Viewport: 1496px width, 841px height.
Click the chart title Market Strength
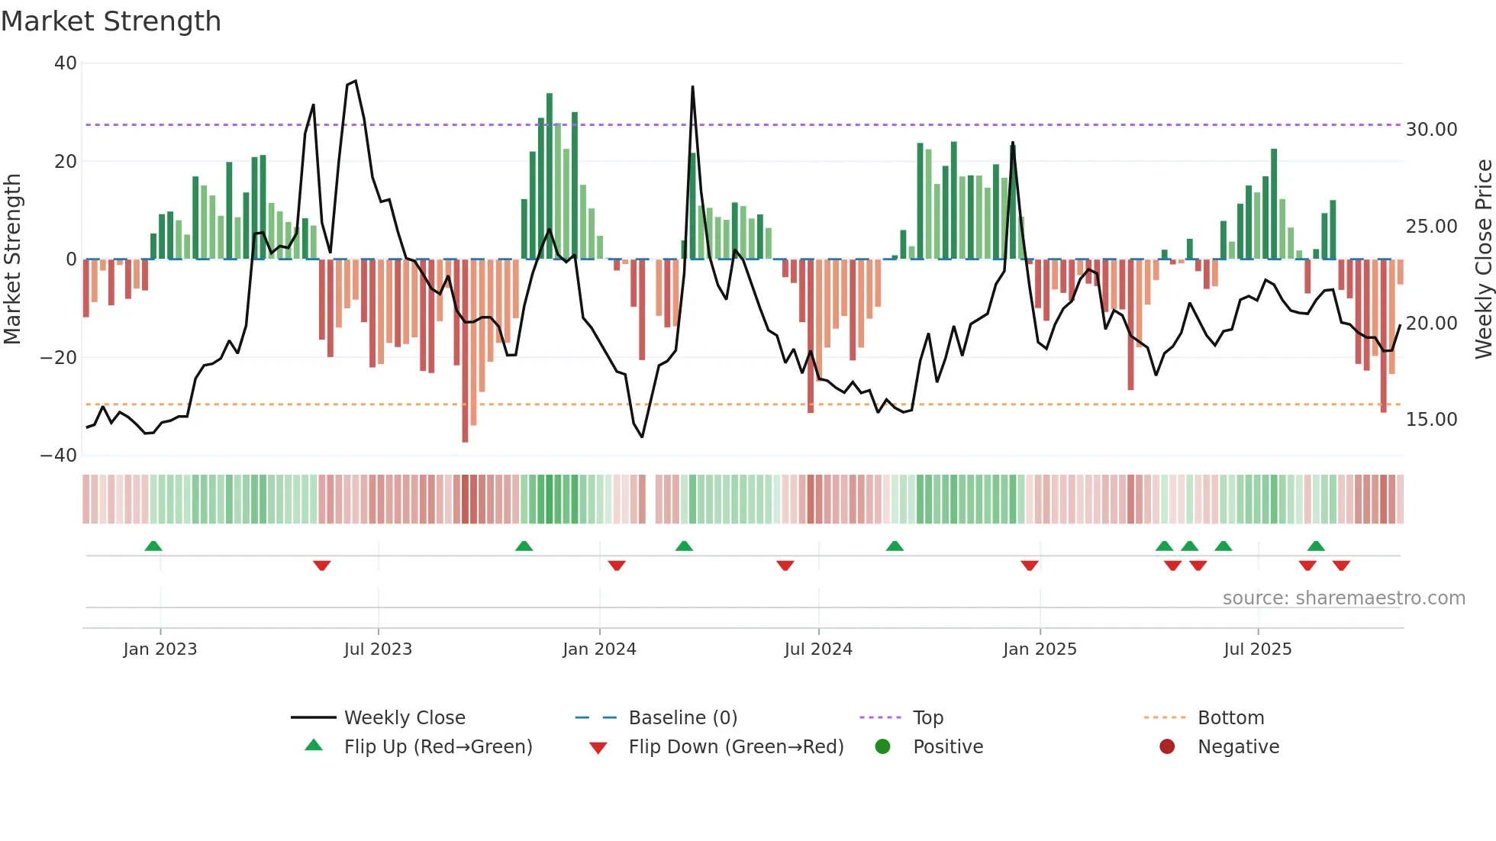(111, 21)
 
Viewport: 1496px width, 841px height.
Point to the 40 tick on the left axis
(66, 63)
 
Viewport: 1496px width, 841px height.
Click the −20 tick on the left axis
(59, 358)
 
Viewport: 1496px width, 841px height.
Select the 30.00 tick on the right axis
(1431, 130)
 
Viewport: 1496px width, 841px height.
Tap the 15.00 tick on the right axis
(1431, 420)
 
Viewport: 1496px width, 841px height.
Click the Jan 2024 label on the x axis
(599, 649)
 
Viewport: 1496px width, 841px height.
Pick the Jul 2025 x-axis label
(1257, 649)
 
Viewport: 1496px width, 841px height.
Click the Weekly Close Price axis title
(1483, 259)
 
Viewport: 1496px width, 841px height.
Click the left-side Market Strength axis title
(12, 259)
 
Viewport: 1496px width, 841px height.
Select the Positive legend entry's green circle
(883, 747)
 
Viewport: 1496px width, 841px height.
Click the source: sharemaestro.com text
(1343, 598)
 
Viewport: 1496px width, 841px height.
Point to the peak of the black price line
(355, 81)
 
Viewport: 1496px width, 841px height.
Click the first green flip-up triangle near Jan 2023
(153, 546)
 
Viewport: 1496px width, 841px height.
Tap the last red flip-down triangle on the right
(1341, 565)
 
